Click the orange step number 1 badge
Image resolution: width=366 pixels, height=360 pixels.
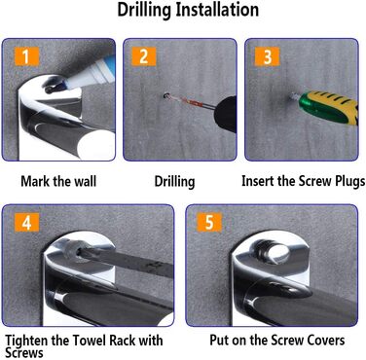(x=26, y=56)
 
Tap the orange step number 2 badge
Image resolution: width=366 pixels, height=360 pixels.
(x=144, y=56)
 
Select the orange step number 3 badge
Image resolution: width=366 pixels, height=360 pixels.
(x=267, y=56)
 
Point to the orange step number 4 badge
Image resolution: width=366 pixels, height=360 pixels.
(x=26, y=223)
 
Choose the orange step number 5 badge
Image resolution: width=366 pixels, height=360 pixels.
(x=209, y=223)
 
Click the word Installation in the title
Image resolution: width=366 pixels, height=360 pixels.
(x=217, y=10)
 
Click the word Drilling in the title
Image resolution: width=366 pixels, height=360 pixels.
(x=144, y=11)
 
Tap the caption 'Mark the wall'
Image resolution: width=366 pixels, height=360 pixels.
(x=58, y=181)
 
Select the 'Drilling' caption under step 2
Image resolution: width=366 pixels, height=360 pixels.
(x=174, y=182)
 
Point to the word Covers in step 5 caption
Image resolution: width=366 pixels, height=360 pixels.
(x=326, y=341)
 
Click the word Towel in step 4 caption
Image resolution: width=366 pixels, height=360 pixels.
(x=89, y=341)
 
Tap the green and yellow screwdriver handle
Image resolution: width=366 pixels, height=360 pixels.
(x=329, y=107)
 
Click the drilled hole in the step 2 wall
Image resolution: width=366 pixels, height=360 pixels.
(x=167, y=95)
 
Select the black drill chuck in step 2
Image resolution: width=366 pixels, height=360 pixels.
(x=226, y=114)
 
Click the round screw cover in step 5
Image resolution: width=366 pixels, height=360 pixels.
(x=273, y=252)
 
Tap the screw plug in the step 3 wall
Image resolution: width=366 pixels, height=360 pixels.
(x=294, y=96)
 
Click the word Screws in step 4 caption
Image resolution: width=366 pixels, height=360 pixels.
(x=24, y=352)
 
